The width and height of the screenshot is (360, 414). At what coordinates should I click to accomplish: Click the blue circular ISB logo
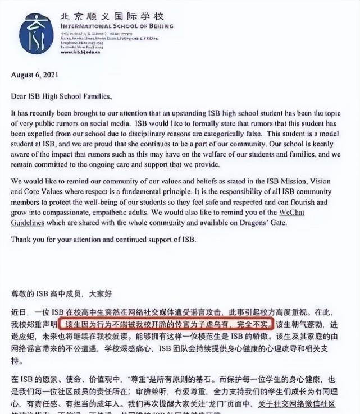35,34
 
